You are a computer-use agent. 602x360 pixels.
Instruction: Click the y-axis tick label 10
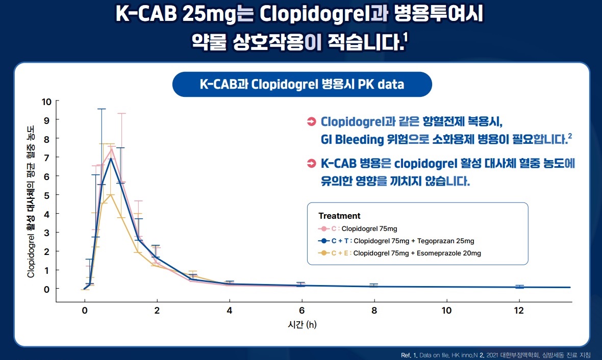(x=46, y=101)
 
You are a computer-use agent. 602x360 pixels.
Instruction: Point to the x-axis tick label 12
(x=519, y=310)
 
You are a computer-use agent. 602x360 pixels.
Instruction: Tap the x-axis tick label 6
(x=302, y=310)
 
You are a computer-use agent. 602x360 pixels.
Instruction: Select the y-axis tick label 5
(x=46, y=195)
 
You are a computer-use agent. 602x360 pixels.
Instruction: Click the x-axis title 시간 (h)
(x=302, y=325)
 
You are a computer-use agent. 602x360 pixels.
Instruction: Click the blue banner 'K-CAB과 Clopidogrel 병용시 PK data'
(x=302, y=85)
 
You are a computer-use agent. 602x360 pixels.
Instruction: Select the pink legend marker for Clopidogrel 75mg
(x=323, y=229)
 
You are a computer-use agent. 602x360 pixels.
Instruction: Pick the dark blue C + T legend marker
(x=323, y=241)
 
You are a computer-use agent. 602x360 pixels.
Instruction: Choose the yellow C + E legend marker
(x=323, y=253)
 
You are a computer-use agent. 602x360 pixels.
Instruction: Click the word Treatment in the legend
(x=339, y=216)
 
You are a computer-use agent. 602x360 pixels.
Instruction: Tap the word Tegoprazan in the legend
(x=432, y=241)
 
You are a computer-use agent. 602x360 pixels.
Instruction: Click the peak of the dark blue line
(x=111, y=159)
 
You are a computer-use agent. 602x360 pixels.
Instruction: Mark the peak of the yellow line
(x=111, y=195)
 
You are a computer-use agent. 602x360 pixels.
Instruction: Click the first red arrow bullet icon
(x=311, y=122)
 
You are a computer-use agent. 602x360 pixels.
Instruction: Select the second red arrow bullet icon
(x=311, y=164)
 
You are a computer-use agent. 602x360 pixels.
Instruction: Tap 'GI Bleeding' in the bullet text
(x=352, y=139)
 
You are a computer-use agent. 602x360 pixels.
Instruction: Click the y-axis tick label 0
(x=46, y=289)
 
